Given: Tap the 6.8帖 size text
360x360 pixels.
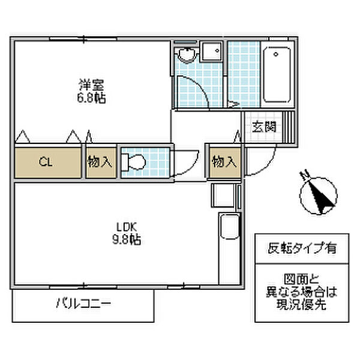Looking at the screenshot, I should (x=91, y=98).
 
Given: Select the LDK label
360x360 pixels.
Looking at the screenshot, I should (x=127, y=227).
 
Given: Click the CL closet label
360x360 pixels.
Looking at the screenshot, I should (x=45, y=162).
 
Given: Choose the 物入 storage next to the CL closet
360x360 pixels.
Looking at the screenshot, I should (x=100, y=162).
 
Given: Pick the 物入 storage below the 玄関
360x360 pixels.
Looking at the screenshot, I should (x=224, y=162).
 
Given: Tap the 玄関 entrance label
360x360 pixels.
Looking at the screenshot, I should (x=263, y=127).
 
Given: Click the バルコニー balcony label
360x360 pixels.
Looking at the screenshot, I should (x=83, y=304).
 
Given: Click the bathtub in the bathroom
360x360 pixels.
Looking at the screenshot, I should (x=277, y=75).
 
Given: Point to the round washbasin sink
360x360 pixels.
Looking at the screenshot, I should (x=187, y=55).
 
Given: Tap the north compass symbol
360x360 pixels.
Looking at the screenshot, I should (x=318, y=193).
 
